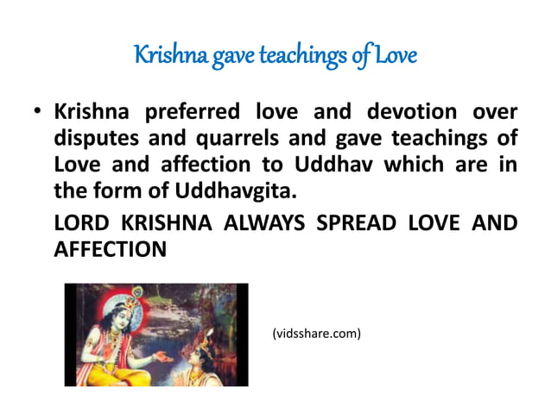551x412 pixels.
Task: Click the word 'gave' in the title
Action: click(223, 57)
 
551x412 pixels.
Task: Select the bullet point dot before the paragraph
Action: click(38, 114)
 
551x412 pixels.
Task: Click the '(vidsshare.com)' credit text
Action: click(316, 333)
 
